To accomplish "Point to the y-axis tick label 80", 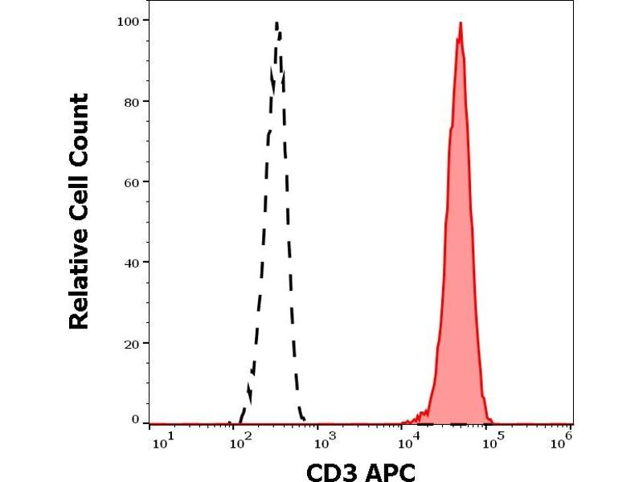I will coord(130,101).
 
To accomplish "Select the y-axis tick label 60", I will coord(130,182).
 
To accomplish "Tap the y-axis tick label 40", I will coord(130,262).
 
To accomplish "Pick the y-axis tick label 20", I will coord(130,343).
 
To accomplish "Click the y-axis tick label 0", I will coord(135,419).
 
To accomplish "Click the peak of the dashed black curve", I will coord(276,23).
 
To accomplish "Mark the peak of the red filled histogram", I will coord(461,23).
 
